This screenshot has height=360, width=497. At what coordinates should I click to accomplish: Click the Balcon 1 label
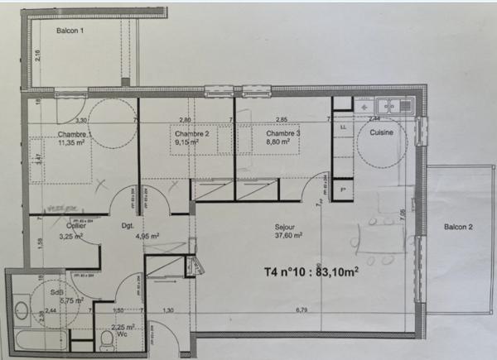point(71,31)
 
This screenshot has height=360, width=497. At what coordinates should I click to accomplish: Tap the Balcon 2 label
point(459,228)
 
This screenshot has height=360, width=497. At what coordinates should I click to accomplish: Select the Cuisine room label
point(381,132)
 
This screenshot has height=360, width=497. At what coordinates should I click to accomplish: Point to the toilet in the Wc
point(105,338)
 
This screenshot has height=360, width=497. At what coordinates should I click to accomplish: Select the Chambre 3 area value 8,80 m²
point(277,142)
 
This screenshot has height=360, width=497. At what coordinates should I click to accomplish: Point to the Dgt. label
point(128,225)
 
